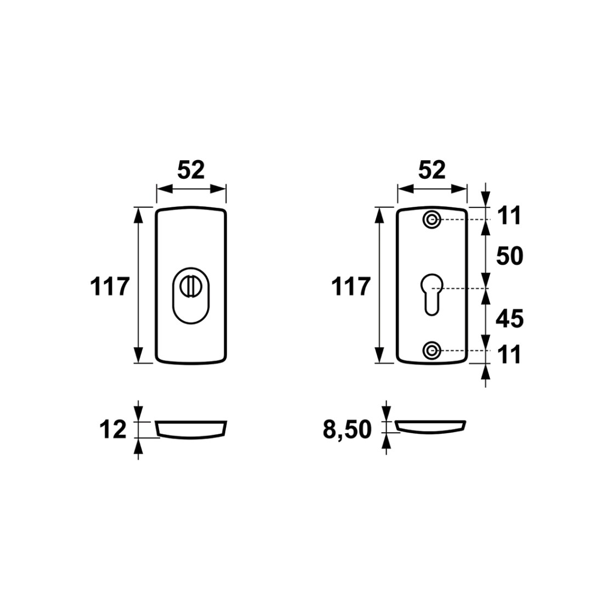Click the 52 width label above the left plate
[191, 170]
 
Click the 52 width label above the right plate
[432, 170]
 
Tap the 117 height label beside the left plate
[110, 286]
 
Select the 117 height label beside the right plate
[350, 286]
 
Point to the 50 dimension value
[509, 257]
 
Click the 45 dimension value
[509, 319]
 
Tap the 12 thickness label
[113, 430]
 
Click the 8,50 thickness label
[347, 430]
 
